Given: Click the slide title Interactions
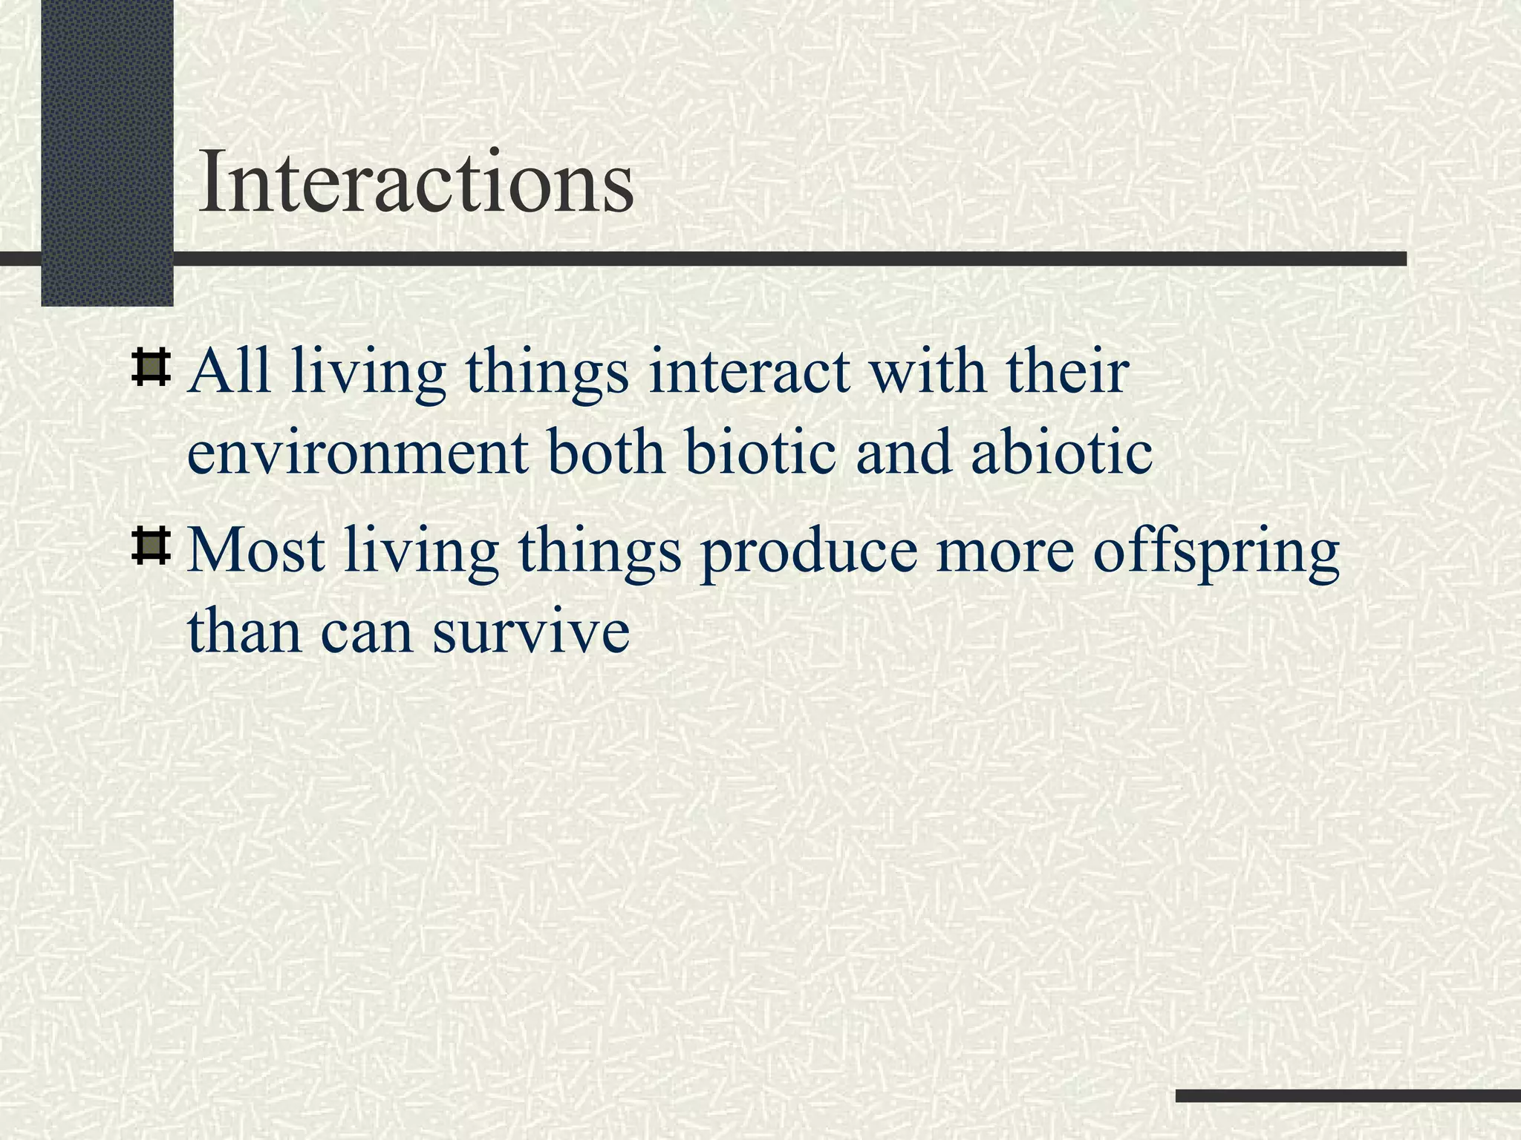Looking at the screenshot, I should [416, 182].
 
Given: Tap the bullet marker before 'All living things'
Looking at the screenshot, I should [151, 369].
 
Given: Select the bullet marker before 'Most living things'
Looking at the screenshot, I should [151, 548].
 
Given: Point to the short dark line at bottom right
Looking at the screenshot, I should [1348, 1095].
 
